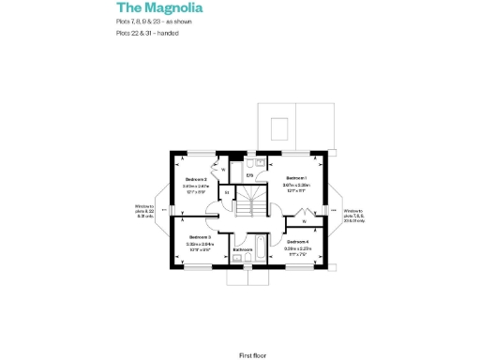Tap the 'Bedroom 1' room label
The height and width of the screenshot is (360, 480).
click(296, 178)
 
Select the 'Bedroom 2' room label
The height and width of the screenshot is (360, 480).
click(196, 179)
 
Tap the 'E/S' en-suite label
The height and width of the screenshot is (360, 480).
click(250, 175)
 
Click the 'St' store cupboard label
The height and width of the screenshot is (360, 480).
click(227, 193)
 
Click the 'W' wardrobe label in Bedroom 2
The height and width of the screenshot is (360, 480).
click(223, 169)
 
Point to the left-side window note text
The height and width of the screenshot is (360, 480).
click(145, 210)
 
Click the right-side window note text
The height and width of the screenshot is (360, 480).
click(353, 217)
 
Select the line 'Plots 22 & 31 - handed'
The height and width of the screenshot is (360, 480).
click(148, 34)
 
